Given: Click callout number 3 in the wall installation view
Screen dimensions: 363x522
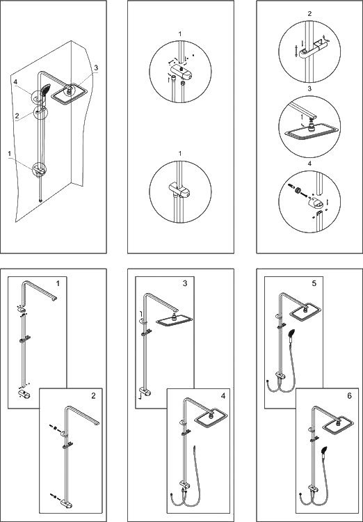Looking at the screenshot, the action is click(96, 68).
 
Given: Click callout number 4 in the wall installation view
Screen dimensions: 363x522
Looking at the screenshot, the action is click(15, 81).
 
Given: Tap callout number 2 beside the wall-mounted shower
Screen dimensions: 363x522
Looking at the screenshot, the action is click(16, 116).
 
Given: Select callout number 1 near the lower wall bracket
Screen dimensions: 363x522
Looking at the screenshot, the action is click(10, 154).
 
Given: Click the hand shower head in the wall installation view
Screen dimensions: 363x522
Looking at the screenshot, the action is click(45, 89).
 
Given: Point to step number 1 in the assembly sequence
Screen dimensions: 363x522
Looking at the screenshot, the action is click(58, 283).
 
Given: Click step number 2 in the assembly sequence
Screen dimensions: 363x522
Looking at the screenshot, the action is click(93, 395).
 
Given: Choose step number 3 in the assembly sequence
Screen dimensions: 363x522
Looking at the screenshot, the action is click(185, 283).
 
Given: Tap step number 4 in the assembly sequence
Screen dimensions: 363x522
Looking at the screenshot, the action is click(223, 395).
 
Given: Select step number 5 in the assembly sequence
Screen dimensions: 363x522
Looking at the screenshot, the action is click(314, 283).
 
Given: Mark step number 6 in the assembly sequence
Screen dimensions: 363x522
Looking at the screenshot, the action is click(349, 395).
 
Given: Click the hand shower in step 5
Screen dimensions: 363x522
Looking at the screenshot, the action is click(291, 335).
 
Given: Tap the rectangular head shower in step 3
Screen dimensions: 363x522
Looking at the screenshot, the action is click(175, 320).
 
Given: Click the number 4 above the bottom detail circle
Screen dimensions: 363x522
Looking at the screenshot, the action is click(309, 164).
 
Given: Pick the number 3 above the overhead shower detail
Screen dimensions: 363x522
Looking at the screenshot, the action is click(309, 89).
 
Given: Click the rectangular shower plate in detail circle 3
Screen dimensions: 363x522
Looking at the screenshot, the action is click(312, 132).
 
